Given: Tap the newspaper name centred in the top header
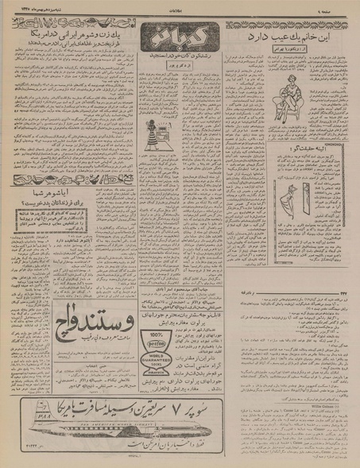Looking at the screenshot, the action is pyautogui.click(x=180, y=5).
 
